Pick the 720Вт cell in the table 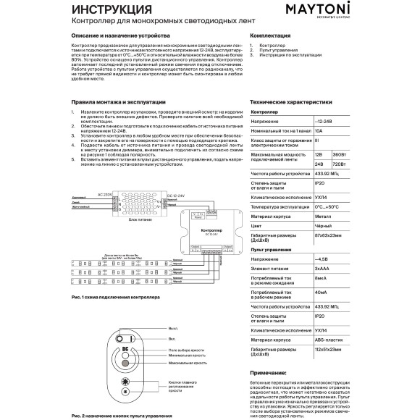click(x=340, y=164)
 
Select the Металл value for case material click(x=324, y=216)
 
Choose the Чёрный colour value click(x=323, y=225)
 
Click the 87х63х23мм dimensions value click(x=332, y=237)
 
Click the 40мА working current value click(x=322, y=293)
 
